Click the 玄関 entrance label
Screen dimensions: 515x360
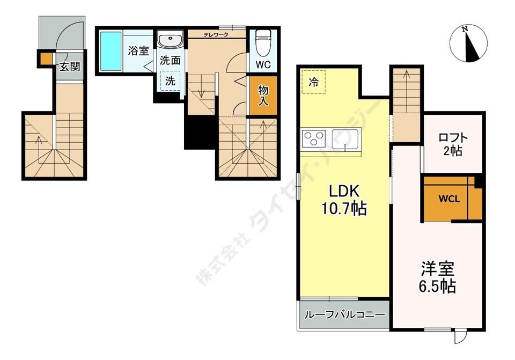[70, 67]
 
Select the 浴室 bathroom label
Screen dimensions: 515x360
[138, 51]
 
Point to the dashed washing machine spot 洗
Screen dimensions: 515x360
[170, 80]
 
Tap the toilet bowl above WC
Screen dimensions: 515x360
[263, 43]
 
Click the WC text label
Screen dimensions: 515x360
[263, 65]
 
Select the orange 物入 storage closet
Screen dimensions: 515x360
[263, 95]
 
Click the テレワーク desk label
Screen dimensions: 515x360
[216, 34]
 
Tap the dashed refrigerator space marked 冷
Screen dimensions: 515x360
[314, 82]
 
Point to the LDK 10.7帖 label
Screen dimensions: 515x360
[344, 200]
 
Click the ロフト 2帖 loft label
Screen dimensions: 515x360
[453, 144]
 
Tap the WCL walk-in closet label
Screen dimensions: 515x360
[450, 199]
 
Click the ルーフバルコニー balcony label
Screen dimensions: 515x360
[344, 315]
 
